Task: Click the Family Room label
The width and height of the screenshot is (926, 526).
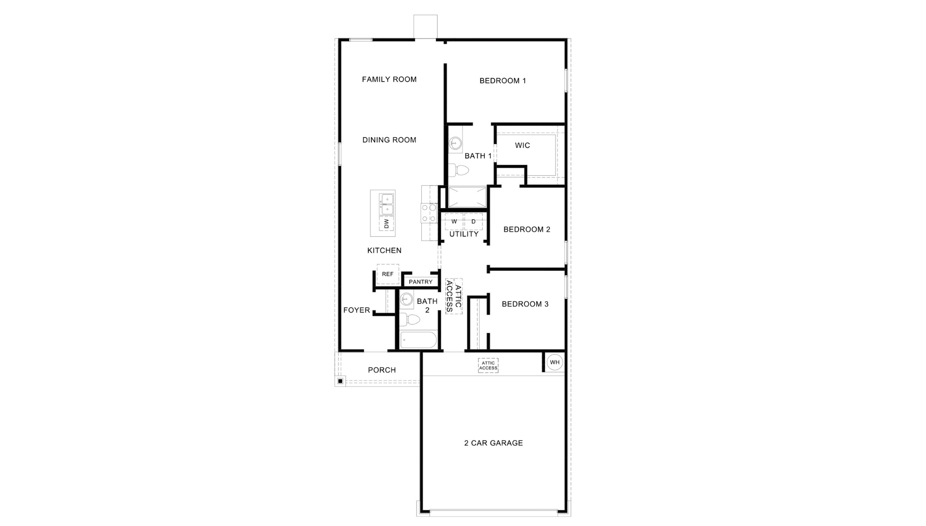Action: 389,79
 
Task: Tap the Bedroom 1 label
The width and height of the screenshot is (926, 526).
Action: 502,81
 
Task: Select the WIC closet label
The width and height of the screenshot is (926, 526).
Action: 522,146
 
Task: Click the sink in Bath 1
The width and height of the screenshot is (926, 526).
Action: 456,142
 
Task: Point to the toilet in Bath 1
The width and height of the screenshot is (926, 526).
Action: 458,170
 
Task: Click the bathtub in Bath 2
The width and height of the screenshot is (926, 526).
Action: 418,340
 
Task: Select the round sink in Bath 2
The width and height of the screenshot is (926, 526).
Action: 406,299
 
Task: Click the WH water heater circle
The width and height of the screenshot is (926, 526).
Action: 555,362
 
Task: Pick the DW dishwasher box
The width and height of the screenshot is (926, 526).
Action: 386,224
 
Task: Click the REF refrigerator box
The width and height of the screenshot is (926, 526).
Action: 388,274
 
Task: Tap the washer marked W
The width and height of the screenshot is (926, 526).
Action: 454,221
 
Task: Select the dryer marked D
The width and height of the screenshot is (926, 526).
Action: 474,221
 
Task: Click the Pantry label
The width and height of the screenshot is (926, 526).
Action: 420,282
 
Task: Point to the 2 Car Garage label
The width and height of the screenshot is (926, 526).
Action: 493,443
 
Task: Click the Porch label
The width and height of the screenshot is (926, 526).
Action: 381,370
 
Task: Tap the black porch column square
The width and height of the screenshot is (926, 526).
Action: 340,381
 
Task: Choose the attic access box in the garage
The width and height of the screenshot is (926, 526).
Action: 488,366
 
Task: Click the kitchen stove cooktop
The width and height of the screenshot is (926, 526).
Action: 429,213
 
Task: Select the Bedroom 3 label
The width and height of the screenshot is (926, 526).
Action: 525,304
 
